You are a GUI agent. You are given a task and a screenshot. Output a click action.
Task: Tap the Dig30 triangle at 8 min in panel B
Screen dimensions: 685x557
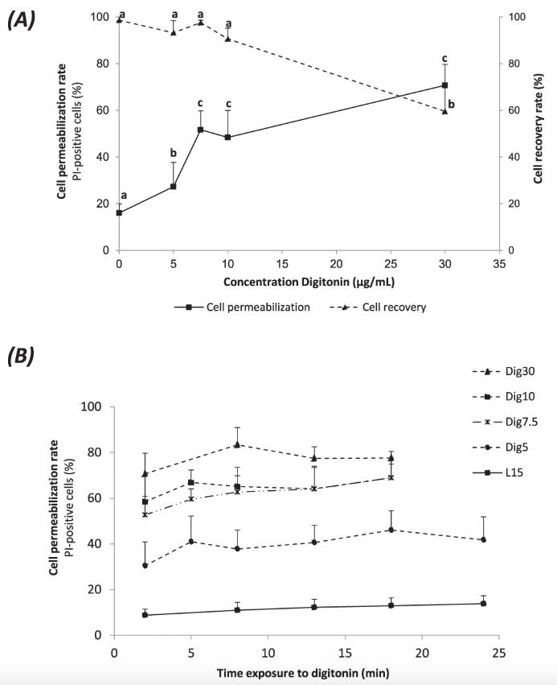[237, 444]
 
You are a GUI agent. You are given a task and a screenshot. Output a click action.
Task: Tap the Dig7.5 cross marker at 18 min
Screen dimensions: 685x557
[391, 477]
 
